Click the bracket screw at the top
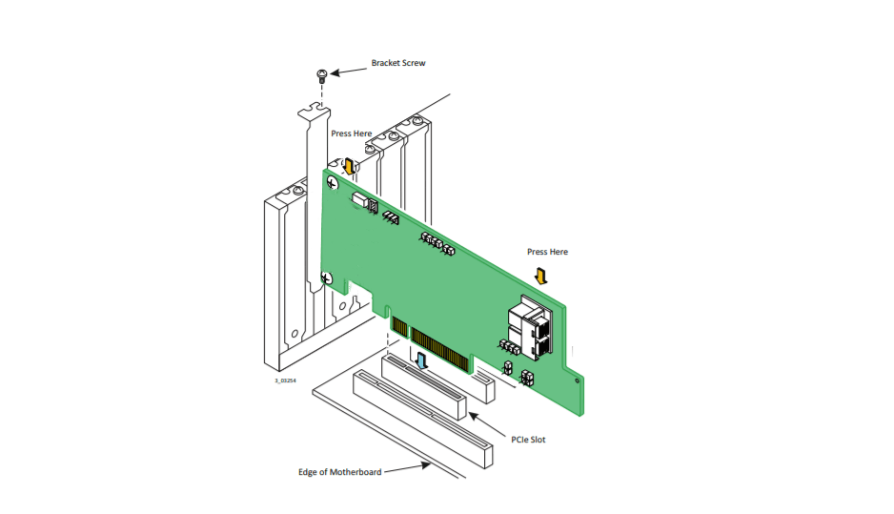322,74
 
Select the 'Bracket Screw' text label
398,63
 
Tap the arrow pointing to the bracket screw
348,69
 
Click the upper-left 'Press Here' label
352,134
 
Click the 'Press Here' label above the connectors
547,252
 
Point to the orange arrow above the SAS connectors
541,276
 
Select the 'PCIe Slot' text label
529,440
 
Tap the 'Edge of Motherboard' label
339,472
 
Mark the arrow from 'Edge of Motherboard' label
405,468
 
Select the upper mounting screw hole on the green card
332,183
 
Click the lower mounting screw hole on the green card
327,279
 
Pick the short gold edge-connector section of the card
400,330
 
